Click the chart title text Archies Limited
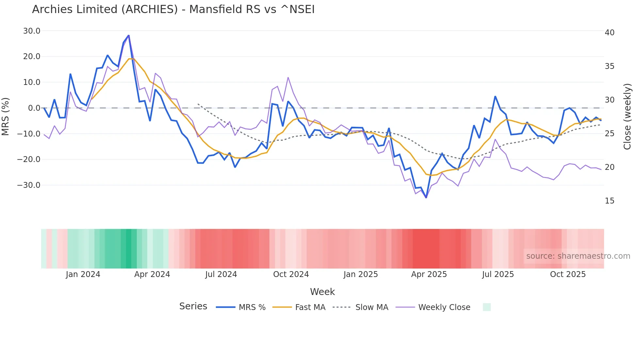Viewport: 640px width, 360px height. tap(173, 9)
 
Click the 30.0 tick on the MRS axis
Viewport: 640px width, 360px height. tap(32, 31)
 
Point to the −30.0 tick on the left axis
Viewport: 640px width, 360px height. tap(29, 185)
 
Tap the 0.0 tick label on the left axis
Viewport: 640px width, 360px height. tap(34, 108)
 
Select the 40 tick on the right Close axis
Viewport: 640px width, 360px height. tap(609, 33)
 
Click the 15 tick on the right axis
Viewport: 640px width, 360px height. tap(609, 201)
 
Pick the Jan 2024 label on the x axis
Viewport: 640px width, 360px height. tap(83, 274)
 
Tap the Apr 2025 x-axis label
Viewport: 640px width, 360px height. tap(429, 274)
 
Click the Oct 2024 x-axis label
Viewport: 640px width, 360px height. tap(291, 274)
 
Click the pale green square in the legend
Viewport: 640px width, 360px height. tap(487, 307)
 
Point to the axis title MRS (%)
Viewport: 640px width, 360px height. tap(6, 116)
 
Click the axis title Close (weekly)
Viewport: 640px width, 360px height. tap(627, 117)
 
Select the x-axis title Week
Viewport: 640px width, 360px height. tap(322, 292)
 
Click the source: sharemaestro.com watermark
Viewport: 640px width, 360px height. tap(578, 256)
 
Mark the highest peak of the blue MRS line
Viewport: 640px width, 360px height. tap(129, 35)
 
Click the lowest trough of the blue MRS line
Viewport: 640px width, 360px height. tap(426, 197)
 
